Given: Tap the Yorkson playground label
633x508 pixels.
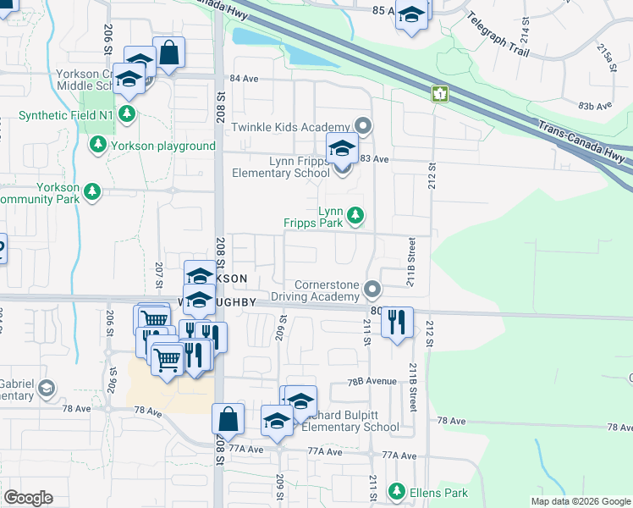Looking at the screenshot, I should click(161, 146).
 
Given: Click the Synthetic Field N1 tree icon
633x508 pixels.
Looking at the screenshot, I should click(127, 114).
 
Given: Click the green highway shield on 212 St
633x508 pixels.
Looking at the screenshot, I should click(440, 93).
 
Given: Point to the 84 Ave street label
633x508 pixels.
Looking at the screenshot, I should click(244, 78).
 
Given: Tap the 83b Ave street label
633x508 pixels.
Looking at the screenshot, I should click(595, 105).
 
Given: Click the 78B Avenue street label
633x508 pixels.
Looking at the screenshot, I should click(372, 382).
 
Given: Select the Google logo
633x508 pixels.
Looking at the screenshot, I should click(28, 498).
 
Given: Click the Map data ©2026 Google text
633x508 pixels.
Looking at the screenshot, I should click(581, 501).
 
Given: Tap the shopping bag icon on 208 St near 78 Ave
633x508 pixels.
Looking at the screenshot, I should click(228, 418).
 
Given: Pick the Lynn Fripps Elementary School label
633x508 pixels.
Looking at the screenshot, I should click(282, 166).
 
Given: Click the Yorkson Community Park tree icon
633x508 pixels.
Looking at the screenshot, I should click(91, 193).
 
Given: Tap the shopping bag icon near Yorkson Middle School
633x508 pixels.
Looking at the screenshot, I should click(169, 53).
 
